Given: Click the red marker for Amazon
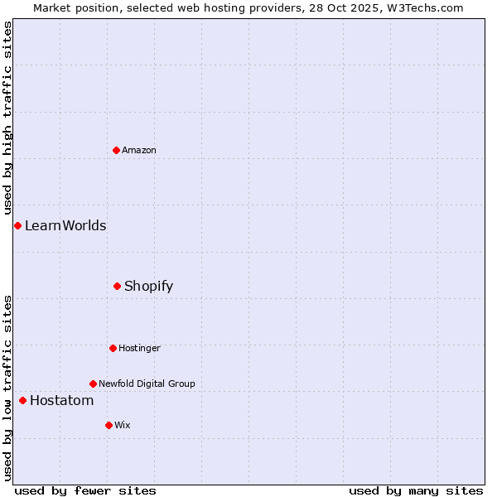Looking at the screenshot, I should pos(116,150).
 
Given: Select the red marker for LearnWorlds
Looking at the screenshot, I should pos(17,225).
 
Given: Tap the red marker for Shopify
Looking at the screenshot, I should pos(117,286).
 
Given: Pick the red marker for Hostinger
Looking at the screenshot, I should pos(113,348).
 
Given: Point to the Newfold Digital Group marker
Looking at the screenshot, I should pos(93,384).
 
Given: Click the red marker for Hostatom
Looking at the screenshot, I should pos(22,400).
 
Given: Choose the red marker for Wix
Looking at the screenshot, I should pos(109,425).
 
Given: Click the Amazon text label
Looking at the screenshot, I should pos(139,150).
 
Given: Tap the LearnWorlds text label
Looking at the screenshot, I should pos(65,225).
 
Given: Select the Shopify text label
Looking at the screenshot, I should pos(149,286).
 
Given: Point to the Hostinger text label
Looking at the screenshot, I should pos(139,348).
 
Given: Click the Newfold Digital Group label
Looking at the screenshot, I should pos(147,384).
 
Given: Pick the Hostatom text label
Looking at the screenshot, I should pos(62,400).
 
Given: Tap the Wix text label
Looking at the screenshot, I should pos(123,425).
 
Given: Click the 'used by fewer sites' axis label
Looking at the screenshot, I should pos(85,490).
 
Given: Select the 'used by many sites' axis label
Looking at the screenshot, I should pos(416,490).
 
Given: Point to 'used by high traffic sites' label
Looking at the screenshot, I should pos(7,118).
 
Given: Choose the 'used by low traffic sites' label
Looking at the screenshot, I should pos(7,388).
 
